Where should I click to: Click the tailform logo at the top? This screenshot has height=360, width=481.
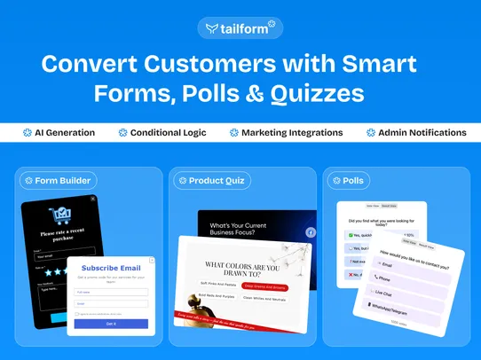coord(240,27)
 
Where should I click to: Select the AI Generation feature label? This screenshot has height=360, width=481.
coord(64,133)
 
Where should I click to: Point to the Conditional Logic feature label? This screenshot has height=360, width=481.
coord(168,133)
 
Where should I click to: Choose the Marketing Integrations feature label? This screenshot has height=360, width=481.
coord(292,133)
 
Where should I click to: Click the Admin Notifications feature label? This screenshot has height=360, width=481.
coord(422,133)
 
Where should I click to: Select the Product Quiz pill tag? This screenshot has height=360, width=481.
coord(213,181)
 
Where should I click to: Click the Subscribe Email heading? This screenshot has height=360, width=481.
coord(111,267)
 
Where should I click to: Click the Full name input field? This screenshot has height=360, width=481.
coord(111,291)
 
